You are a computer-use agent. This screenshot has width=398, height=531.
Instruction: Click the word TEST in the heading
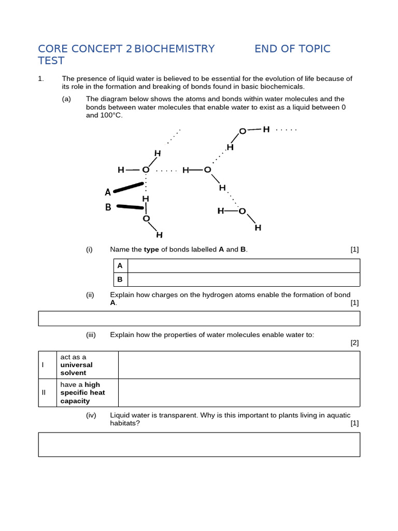pos(51,61)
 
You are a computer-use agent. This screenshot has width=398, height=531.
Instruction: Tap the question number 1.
pos(40,79)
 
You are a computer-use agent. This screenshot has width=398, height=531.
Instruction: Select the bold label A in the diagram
pos(108,192)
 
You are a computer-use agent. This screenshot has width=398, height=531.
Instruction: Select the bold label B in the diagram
pos(108,207)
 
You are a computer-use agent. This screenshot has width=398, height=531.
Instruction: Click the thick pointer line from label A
pos(128,187)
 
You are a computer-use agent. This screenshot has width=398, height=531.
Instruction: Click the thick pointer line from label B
pos(130,207)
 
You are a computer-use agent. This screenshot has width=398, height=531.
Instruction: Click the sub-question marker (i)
pos(89,249)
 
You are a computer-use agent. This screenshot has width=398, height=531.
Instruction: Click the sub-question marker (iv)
pos(91,415)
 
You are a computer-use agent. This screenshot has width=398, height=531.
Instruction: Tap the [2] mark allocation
pos(354,342)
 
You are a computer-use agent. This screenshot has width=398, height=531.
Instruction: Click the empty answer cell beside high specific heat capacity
pos(239,393)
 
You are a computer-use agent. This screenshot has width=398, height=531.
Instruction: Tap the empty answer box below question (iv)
pos(199,444)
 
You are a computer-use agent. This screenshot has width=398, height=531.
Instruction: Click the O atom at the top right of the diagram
pos(243,132)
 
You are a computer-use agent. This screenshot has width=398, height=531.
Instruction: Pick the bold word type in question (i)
pos(151,249)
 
